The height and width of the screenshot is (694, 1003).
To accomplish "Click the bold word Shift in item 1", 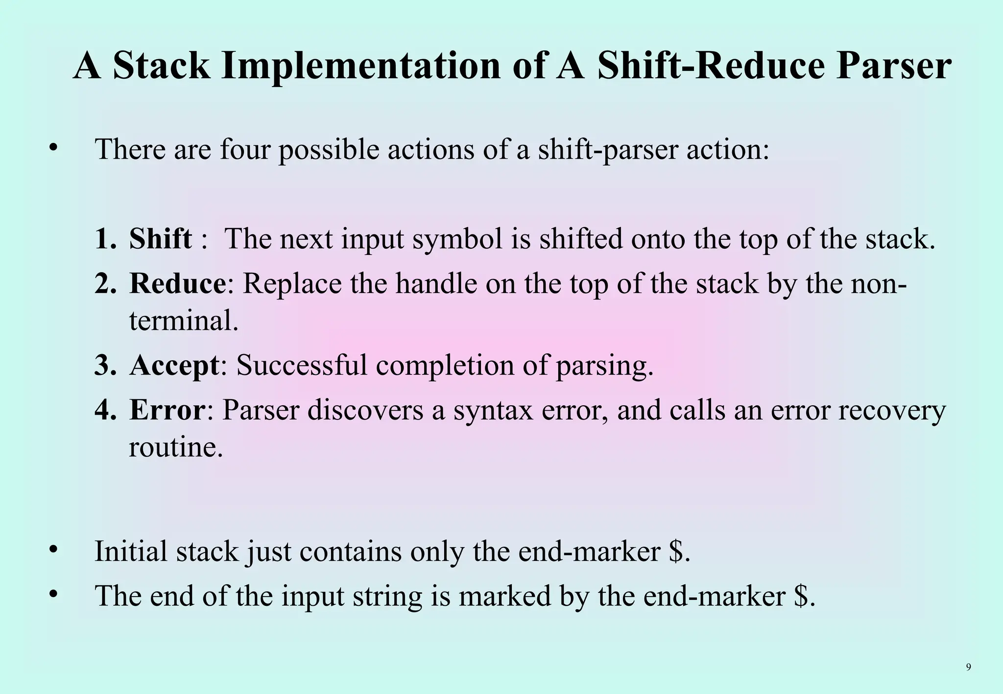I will [160, 238].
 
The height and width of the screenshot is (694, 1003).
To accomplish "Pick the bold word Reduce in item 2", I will [177, 283].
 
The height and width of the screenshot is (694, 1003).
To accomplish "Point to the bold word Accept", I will [174, 365].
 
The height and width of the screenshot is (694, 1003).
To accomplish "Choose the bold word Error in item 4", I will [167, 410].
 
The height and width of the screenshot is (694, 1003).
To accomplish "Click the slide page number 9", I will [968, 667].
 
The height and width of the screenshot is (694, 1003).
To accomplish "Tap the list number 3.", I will [104, 365].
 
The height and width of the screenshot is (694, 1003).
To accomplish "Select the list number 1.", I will [104, 239].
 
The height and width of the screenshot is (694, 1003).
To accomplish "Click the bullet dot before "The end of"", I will [54, 594].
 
